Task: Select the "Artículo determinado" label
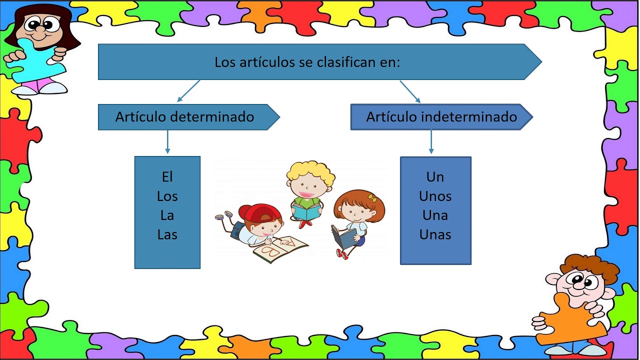[x=184, y=117]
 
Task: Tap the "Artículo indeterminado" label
[x=441, y=117]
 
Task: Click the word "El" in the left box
[x=167, y=177]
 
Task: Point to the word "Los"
[x=167, y=196]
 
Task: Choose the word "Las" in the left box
[x=167, y=234]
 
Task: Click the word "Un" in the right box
[x=435, y=177]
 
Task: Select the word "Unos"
[x=435, y=196]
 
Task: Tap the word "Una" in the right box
[x=435, y=215]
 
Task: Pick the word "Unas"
[x=435, y=234]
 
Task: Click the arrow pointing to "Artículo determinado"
[x=188, y=91]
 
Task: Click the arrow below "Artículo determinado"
[x=167, y=142]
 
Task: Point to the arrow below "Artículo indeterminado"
[x=431, y=142]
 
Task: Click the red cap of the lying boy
[x=259, y=212]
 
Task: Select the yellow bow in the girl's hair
[x=372, y=197]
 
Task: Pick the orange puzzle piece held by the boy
[x=570, y=320]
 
